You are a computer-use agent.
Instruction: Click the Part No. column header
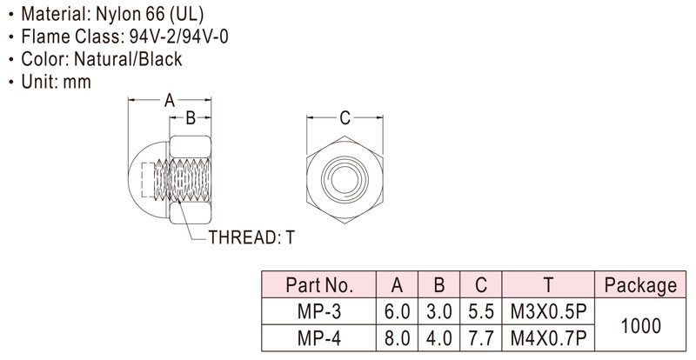pos(319,285)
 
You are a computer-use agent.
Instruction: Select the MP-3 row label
pos(319,311)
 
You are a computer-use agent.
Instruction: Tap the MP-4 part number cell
pos(319,338)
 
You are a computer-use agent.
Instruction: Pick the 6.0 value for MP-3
pos(397,311)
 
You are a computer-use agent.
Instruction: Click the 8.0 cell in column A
pos(397,338)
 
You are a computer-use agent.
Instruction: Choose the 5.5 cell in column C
pos(481,311)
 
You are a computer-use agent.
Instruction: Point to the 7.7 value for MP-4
pos(481,338)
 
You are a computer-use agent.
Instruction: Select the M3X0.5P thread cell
pos(548,311)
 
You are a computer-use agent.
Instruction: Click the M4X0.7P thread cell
pos(548,338)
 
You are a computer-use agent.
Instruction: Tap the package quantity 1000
pos(641,326)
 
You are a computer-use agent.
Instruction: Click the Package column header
pos(641,285)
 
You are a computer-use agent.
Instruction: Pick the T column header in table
pos(548,285)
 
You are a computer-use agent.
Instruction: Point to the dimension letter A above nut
pos(170,101)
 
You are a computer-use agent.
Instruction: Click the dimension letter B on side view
pos(191,118)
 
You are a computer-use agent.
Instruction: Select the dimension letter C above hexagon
pos(345,118)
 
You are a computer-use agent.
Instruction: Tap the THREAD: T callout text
pos(251,237)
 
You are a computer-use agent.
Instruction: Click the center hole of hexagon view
pos(345,179)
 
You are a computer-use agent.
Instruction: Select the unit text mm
pos(77,82)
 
